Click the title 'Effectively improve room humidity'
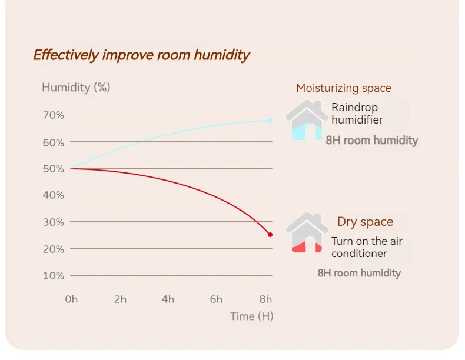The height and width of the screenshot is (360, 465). [x=141, y=55]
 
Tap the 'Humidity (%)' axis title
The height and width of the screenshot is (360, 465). [x=76, y=88]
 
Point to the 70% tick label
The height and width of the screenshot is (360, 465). [x=54, y=115]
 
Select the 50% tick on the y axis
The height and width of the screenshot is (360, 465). [x=54, y=169]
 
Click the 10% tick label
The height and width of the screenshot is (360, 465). [x=54, y=275]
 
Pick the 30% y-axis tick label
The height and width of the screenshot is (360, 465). [x=54, y=222]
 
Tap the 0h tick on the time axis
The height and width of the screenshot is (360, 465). [x=71, y=299]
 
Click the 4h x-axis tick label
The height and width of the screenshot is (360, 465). [x=168, y=299]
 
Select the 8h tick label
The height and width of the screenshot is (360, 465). [x=265, y=299]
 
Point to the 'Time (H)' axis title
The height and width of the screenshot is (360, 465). [x=251, y=316]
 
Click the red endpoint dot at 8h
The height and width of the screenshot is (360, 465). [x=270, y=235]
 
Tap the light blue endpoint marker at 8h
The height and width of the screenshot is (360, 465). [x=270, y=121]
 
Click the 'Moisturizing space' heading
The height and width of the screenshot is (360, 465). [x=343, y=88]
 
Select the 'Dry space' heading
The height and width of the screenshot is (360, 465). [x=365, y=222]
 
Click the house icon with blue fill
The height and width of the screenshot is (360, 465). [x=307, y=121]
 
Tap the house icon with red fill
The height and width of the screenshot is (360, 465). [x=307, y=234]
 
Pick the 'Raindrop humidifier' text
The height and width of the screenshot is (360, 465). [x=357, y=114]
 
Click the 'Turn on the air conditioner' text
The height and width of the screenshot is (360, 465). [x=367, y=247]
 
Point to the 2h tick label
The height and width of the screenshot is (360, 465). [x=120, y=299]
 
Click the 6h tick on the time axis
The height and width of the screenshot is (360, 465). [x=216, y=299]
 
